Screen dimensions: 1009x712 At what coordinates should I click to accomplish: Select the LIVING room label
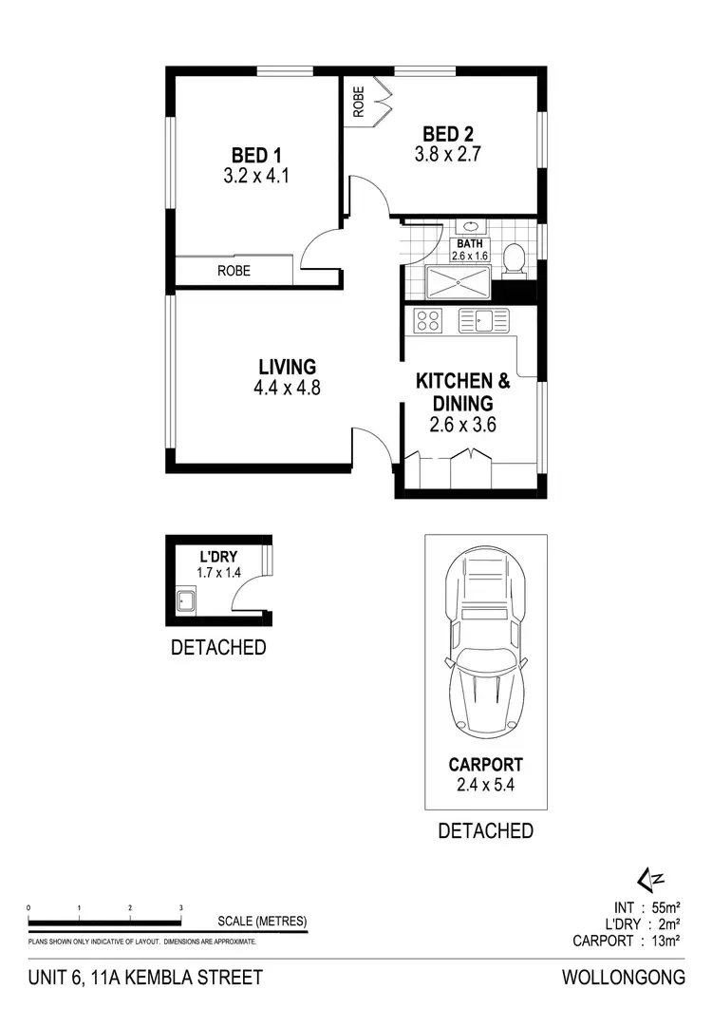coord(287,367)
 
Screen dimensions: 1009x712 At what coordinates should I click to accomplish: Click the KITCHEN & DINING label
coord(463,391)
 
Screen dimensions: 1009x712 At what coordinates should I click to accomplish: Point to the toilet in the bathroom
coord(514,258)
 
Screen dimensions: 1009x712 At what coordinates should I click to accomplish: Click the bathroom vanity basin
coord(470,229)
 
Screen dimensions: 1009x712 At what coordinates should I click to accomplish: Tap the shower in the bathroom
coord(459,282)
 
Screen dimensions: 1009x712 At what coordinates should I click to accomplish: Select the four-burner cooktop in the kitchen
coord(428,320)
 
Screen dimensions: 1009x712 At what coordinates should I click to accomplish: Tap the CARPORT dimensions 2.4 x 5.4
coord(485,785)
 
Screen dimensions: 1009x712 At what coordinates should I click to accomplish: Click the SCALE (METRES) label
coord(262,921)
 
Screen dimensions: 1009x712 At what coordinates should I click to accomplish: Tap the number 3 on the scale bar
coord(180,909)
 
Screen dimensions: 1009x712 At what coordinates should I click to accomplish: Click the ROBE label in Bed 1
coord(234,271)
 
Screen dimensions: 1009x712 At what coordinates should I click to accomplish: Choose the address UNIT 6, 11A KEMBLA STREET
coord(144,977)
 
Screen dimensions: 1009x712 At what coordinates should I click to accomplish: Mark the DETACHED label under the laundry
coord(217,648)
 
